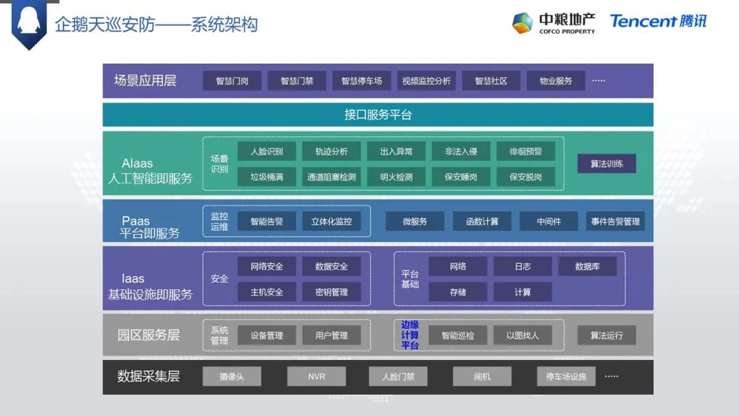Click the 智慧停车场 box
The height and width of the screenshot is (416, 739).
(361, 81)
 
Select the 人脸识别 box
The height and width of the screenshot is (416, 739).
(266, 152)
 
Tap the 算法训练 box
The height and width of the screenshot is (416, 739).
(606, 164)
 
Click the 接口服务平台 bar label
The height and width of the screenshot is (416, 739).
(378, 115)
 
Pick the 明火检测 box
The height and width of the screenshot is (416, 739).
(396, 177)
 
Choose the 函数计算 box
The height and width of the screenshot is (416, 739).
(482, 221)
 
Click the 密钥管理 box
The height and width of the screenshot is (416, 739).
(331, 291)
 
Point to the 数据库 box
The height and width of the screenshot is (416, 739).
(587, 266)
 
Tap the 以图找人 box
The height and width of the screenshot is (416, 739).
(523, 335)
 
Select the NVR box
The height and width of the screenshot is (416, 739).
(316, 376)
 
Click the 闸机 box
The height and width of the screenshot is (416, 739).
(482, 376)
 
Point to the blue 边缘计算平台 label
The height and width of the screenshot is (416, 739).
(410, 335)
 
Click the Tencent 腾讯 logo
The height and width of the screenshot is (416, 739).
(658, 21)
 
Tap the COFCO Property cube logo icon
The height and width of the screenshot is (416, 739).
(522, 23)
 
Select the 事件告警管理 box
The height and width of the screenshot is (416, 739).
(615, 221)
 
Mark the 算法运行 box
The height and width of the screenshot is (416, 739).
(606, 335)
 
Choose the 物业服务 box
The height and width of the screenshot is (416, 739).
(556, 81)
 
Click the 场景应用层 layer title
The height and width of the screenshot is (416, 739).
(145, 81)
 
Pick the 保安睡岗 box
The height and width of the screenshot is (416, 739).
(461, 177)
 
